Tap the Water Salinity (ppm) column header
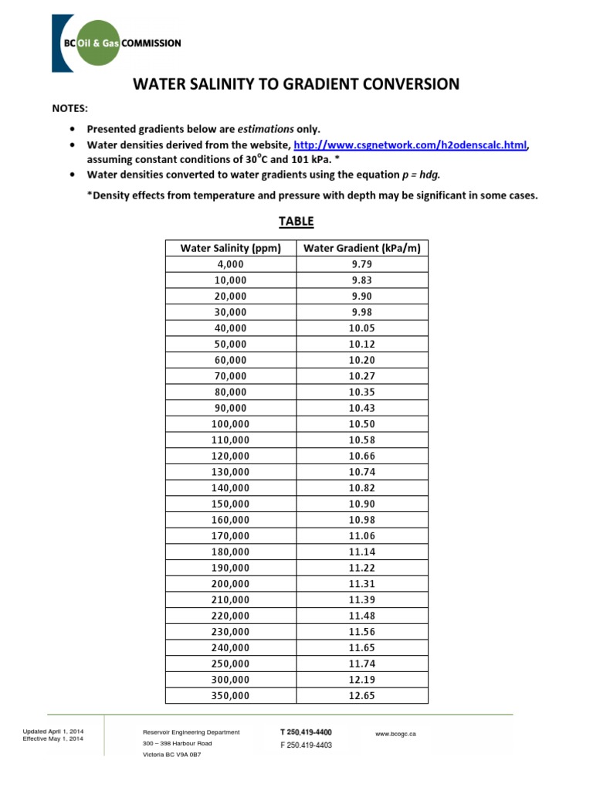coord(230,248)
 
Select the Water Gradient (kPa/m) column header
coord(361,248)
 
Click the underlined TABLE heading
coord(296,222)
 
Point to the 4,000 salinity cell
coord(230,264)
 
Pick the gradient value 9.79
coord(361,264)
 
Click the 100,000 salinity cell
coord(230,424)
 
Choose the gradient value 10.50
coord(361,424)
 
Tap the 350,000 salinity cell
coord(230,695)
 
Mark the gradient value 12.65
coord(361,695)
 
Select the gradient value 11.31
coord(361,583)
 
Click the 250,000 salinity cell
coord(230,664)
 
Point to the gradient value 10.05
coord(361,328)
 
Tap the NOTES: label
coord(69,109)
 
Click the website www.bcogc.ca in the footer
coord(395,733)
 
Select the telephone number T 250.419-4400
coord(306,732)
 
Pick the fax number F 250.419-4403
coord(306,745)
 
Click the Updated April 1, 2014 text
coord(54,731)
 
